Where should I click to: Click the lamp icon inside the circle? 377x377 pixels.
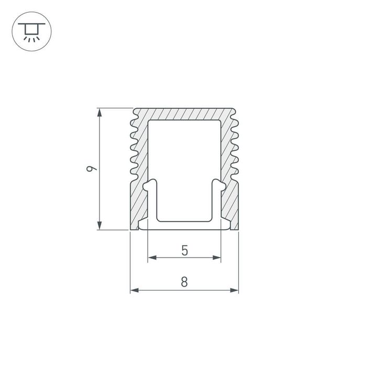[x=31, y=31]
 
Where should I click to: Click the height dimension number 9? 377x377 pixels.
[x=91, y=169]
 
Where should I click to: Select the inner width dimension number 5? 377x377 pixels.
[x=184, y=250]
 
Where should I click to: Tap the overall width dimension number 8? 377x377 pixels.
[x=184, y=282]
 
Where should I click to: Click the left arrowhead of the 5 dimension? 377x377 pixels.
[x=152, y=258]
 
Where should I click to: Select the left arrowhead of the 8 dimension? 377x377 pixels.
[x=134, y=290]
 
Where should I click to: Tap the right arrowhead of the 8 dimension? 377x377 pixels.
[x=235, y=290]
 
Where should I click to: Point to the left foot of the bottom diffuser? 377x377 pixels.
[x=142, y=226]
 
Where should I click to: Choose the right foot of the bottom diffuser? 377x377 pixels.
[x=226, y=226]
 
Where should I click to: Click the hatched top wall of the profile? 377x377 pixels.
[x=184, y=114]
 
